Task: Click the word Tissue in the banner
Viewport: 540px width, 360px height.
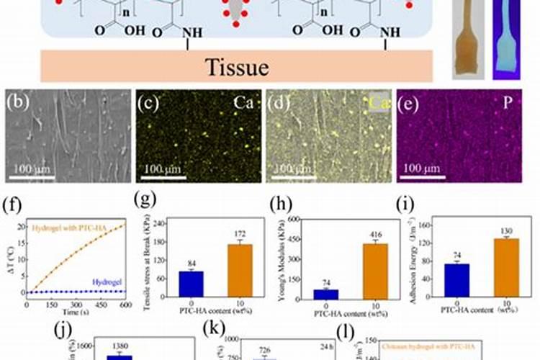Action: (x=237, y=67)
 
